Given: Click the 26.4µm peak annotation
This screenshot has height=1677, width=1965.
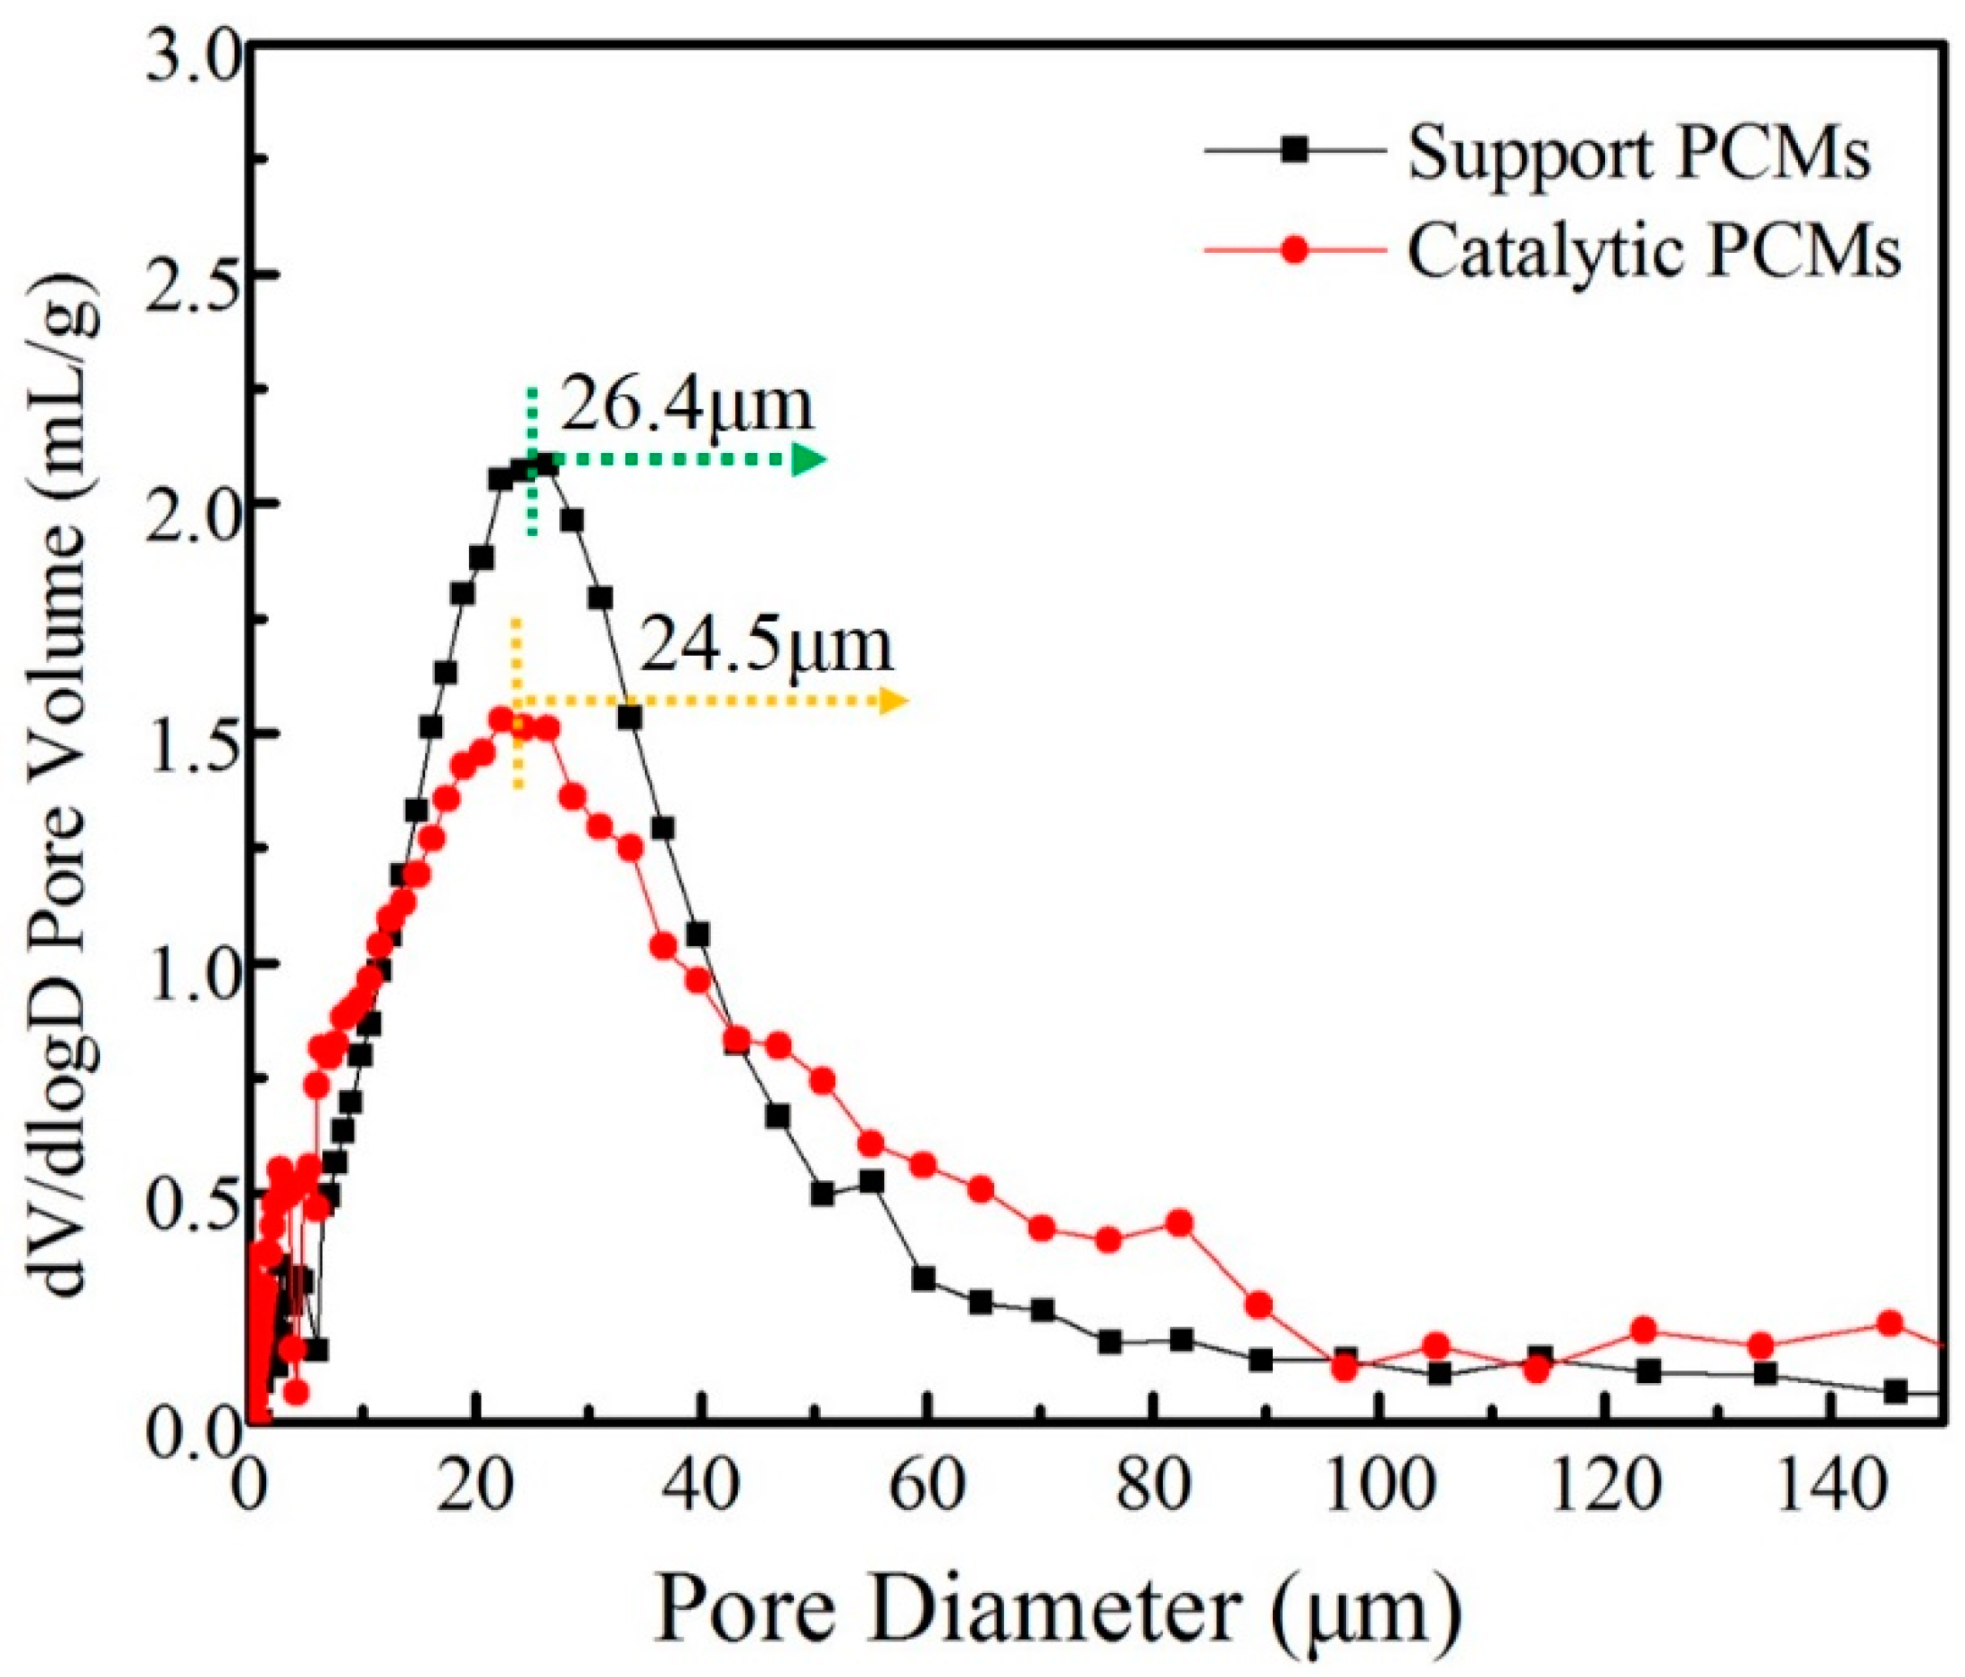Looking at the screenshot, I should point(687,405).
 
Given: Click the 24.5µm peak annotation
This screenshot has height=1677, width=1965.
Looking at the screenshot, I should point(766,646).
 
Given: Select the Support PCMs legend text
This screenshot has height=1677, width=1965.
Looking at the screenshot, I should point(1639,155).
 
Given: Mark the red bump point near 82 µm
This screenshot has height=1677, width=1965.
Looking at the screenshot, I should point(1180,1222).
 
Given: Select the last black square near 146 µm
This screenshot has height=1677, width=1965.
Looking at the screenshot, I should point(1894,1391).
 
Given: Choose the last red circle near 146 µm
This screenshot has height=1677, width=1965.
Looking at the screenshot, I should point(1889,1323).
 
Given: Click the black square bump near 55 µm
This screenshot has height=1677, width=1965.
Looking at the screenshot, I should point(872,1182).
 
